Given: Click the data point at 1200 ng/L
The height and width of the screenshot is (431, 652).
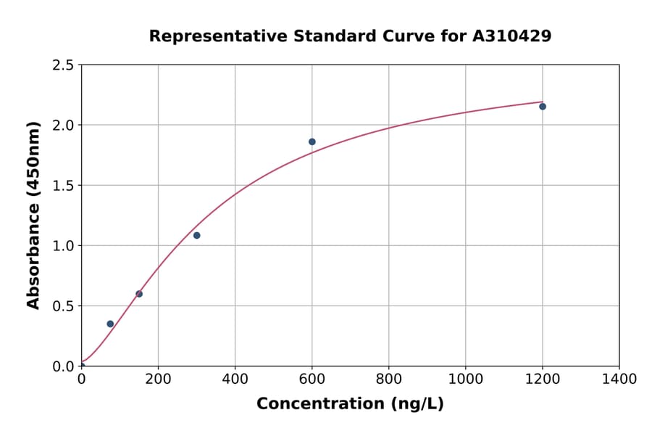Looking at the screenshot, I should click(542, 107).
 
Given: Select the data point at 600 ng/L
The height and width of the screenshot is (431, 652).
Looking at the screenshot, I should click(312, 141).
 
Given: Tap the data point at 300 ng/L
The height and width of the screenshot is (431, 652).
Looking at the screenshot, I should click(196, 235).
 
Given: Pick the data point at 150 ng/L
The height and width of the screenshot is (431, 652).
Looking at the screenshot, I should click(139, 294).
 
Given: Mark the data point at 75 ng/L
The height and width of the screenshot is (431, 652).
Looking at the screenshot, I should click(110, 324).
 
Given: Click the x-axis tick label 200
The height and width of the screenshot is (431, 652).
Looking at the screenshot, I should click(158, 379).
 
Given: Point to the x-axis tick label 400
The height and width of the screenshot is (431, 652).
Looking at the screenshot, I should click(235, 379).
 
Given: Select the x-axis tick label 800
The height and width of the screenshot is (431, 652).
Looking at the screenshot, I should click(388, 379).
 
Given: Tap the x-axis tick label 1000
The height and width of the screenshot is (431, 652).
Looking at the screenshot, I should click(465, 379).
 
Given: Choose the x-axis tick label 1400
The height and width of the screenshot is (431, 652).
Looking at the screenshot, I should click(619, 379).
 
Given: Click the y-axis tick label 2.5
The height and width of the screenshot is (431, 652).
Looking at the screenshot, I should click(64, 65).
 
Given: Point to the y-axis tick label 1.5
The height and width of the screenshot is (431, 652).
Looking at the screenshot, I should click(64, 186).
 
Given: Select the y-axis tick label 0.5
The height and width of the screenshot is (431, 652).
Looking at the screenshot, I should click(64, 306).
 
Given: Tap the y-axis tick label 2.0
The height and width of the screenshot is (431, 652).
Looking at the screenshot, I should click(64, 126).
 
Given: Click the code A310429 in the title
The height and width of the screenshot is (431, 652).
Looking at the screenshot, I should click(511, 36).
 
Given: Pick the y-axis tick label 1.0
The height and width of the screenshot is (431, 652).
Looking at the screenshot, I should click(64, 246).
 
